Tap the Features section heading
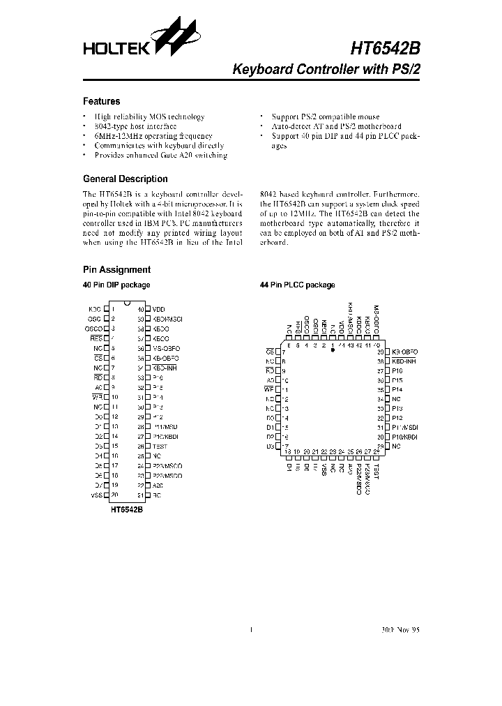point(102,101)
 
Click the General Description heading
point(125,179)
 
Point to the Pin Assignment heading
point(116,269)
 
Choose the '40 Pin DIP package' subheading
point(116,285)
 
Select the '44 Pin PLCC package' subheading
point(297,285)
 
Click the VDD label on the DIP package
point(159,308)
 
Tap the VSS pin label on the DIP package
point(96,495)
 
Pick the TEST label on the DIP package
point(160,446)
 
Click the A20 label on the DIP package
point(158,485)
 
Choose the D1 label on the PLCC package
point(270,427)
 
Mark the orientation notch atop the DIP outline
point(126,303)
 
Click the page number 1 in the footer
point(250,629)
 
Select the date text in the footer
point(401,629)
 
